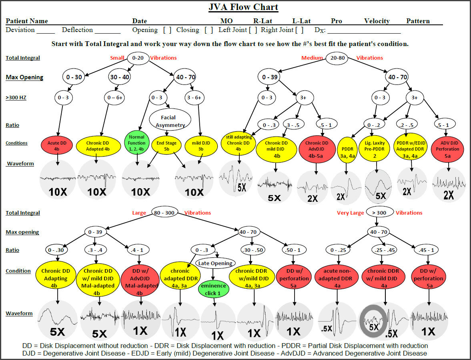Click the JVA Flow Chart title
coord(243,7)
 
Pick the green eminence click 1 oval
coord(213,289)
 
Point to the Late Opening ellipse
coord(215,263)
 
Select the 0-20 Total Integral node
coord(138,58)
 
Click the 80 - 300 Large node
coord(164,213)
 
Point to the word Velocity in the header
coord(377,21)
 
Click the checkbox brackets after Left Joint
coord(253,30)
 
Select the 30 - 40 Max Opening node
coord(119,76)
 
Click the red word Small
coord(117,58)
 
